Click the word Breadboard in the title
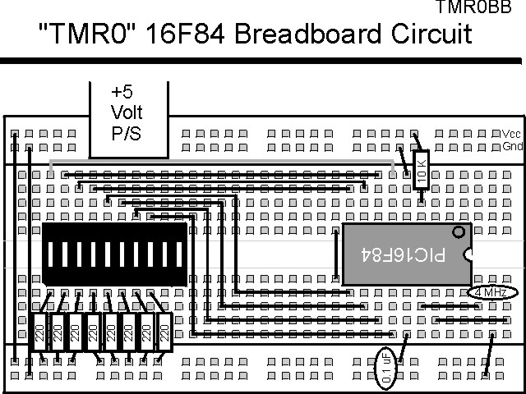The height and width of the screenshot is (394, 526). click(316, 34)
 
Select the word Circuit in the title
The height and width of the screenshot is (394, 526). click(431, 34)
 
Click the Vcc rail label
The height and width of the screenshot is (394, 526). click(511, 134)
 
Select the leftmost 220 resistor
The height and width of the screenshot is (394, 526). click(40, 332)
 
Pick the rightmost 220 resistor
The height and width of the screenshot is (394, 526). click(164, 332)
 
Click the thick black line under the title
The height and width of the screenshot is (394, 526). click(263, 62)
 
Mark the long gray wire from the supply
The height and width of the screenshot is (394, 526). click(222, 163)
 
